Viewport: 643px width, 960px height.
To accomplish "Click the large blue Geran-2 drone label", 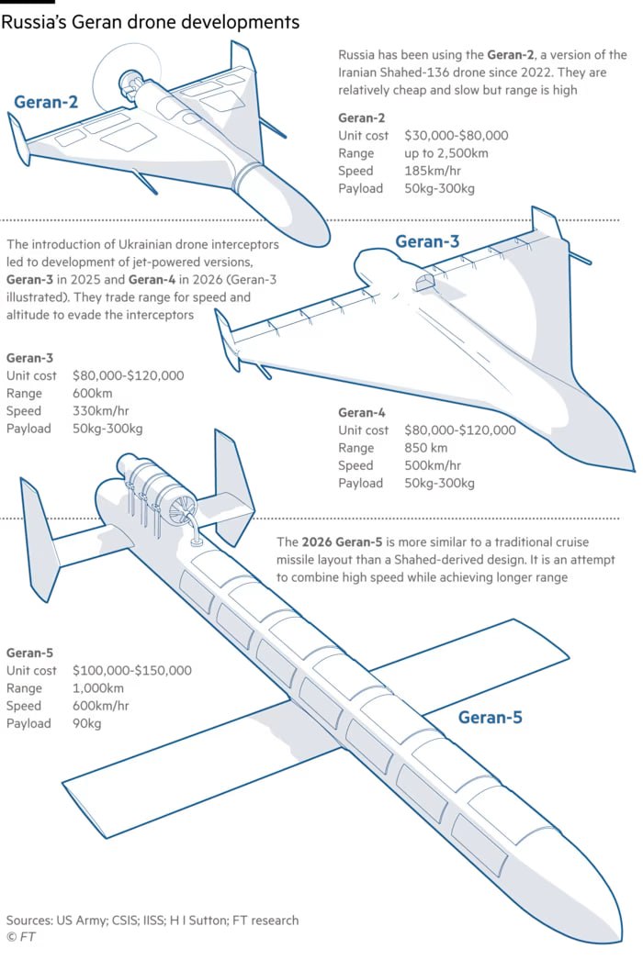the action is coord(46,102).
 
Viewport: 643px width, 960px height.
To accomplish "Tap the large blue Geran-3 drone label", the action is coord(427,241).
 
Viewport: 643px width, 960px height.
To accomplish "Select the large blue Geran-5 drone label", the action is coord(491,717).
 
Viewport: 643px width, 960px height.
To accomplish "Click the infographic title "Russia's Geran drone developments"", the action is coord(150,22).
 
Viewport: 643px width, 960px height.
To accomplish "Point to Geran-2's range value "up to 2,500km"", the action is coord(446,153).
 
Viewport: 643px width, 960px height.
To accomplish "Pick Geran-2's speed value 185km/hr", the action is coord(433,171).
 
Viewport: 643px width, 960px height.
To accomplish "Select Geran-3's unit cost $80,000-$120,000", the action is coord(128,375).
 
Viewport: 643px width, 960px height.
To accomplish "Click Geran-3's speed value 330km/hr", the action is coord(100,411).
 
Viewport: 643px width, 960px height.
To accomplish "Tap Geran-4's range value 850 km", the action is coord(426,448).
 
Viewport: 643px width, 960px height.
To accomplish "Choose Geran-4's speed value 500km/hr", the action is coord(433,465).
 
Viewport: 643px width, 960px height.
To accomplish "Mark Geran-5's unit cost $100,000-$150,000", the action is coord(131,670).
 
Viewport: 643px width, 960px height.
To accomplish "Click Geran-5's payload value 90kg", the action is coord(87,724).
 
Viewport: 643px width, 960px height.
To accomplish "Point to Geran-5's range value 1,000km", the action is coord(98,688).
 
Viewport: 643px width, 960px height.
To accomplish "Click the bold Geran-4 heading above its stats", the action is coord(362,413).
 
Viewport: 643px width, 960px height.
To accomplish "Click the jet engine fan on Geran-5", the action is coord(183,508).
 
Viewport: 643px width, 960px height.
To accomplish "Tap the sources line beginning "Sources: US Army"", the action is coord(152,921).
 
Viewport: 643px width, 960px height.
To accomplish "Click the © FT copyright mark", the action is coord(21,937).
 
